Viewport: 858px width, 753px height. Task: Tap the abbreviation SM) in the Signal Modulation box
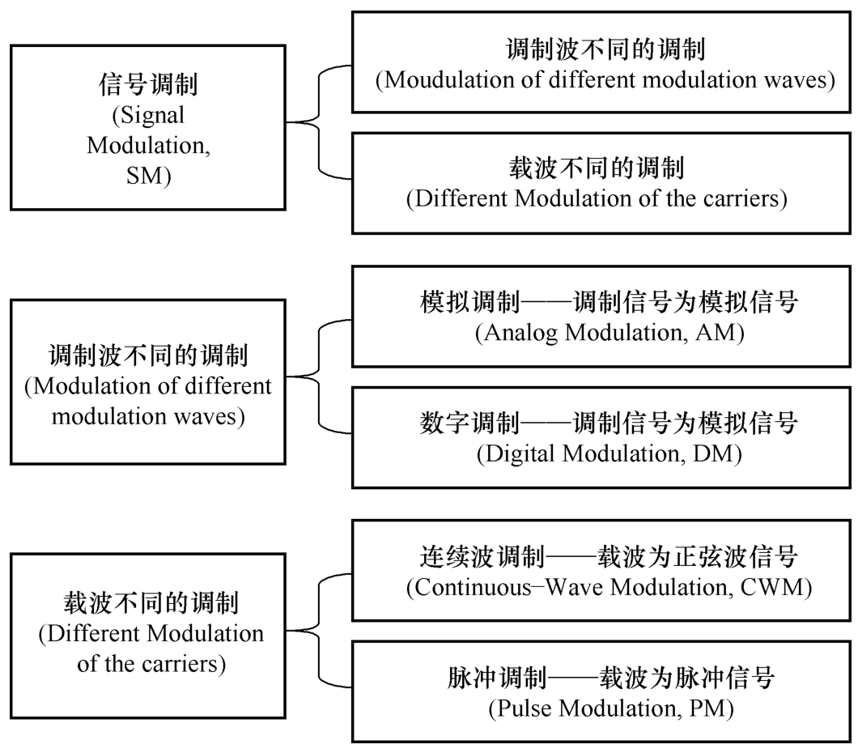pos(148,176)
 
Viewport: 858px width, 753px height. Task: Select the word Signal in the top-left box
pos(151,116)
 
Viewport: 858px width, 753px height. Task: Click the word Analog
pos(520,334)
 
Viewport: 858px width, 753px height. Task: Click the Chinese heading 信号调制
pos(148,84)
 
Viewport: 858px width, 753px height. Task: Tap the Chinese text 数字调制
pos(469,423)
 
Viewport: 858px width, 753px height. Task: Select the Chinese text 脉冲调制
pos(497,678)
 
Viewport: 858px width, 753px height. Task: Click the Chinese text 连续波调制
pos(482,557)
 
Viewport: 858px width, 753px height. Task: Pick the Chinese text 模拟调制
pos(469,302)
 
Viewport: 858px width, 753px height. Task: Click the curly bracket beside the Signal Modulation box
pos(319,122)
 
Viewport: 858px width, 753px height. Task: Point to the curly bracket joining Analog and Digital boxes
pos(319,376)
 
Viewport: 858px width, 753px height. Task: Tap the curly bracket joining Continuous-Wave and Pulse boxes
pos(319,631)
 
